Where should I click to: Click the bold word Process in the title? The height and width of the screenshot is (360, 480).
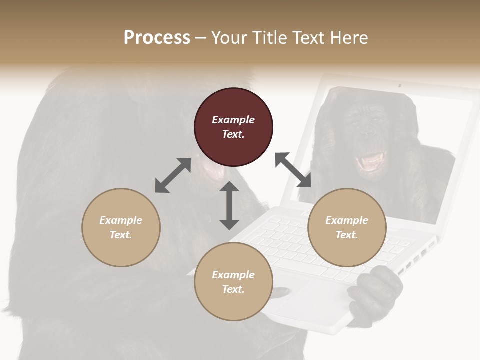tap(157, 38)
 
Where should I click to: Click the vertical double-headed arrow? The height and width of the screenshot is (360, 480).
tap(229, 205)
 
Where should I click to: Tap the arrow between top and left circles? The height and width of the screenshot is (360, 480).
tap(173, 175)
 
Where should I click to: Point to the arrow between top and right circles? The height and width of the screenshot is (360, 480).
tap(293, 170)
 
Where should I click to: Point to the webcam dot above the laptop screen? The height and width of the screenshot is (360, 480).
tap(399, 86)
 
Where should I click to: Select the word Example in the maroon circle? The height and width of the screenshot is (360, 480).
tap(233, 120)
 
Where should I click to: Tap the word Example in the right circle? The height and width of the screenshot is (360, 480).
tap(347, 220)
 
